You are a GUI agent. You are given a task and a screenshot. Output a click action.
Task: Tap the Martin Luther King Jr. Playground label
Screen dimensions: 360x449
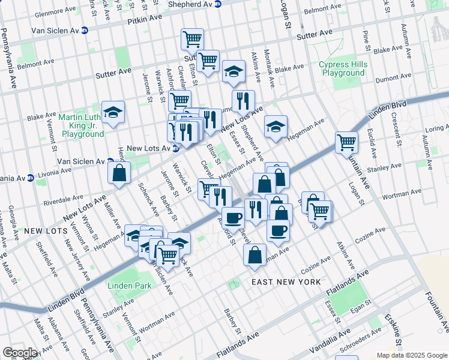[x=82, y=125]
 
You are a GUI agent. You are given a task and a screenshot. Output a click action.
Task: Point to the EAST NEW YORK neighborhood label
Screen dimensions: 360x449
[x=279, y=282]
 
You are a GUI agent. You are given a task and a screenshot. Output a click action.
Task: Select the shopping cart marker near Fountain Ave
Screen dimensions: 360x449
[x=346, y=143]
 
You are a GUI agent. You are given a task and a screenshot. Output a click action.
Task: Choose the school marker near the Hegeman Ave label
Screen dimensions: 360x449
[x=276, y=127]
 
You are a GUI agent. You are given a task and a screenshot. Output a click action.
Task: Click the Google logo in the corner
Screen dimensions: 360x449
[x=20, y=352]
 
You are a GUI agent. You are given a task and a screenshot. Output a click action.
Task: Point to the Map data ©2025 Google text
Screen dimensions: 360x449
[x=411, y=355]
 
